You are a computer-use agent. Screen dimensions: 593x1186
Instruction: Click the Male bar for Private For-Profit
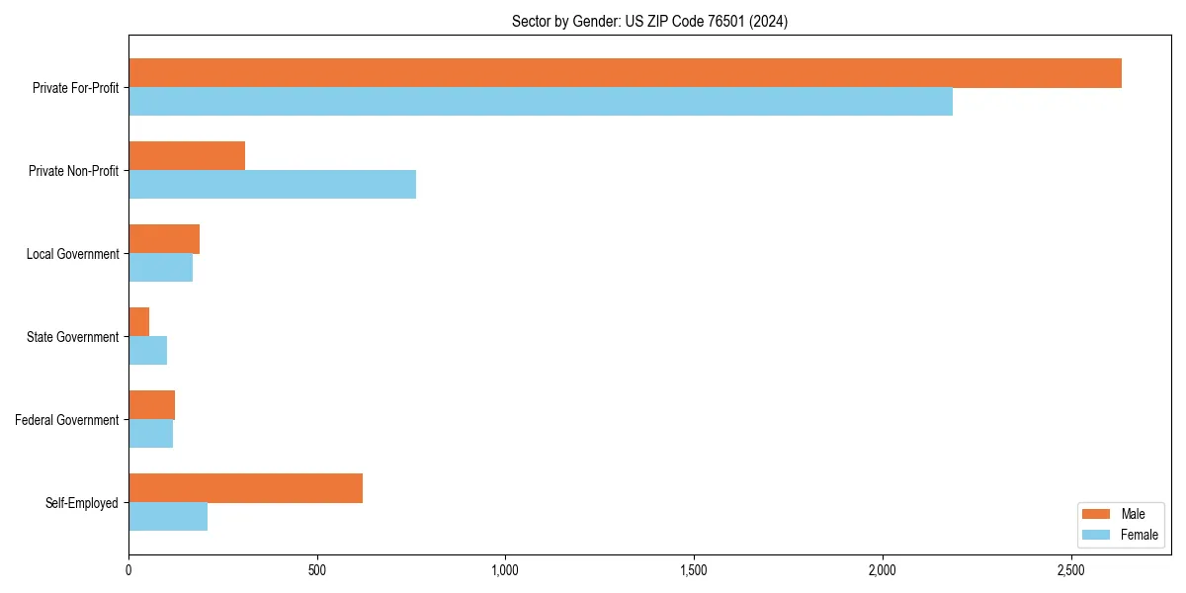pyautogui.click(x=625, y=73)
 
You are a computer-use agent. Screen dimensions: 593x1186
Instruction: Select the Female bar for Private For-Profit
pyautogui.click(x=541, y=102)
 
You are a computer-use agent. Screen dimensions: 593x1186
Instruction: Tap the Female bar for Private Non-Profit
pyautogui.click(x=272, y=185)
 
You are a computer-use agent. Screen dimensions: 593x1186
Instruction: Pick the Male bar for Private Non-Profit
pyautogui.click(x=187, y=156)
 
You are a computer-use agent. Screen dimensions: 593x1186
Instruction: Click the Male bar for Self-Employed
pyautogui.click(x=245, y=488)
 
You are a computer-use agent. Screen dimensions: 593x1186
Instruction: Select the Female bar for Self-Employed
pyautogui.click(x=168, y=517)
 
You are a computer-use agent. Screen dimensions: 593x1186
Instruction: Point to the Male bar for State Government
pyautogui.click(x=139, y=322)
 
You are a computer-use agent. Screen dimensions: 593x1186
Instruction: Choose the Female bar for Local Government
pyautogui.click(x=160, y=268)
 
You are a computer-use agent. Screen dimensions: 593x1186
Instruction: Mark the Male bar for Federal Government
pyautogui.click(x=151, y=405)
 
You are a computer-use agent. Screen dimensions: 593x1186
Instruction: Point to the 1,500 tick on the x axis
pyautogui.click(x=693, y=570)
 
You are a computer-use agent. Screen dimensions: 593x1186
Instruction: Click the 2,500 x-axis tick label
pyautogui.click(x=1070, y=570)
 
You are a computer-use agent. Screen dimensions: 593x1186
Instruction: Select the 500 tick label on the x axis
pyautogui.click(x=316, y=570)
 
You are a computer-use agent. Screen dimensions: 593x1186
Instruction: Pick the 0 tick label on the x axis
pyautogui.click(x=128, y=570)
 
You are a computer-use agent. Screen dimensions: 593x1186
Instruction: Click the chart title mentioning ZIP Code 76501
pyautogui.click(x=649, y=21)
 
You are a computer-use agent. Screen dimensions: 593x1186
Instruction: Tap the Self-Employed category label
pyautogui.click(x=82, y=503)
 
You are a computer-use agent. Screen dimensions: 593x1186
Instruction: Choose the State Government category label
pyautogui.click(x=73, y=337)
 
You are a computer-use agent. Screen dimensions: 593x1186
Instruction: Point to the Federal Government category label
pyautogui.click(x=67, y=420)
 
